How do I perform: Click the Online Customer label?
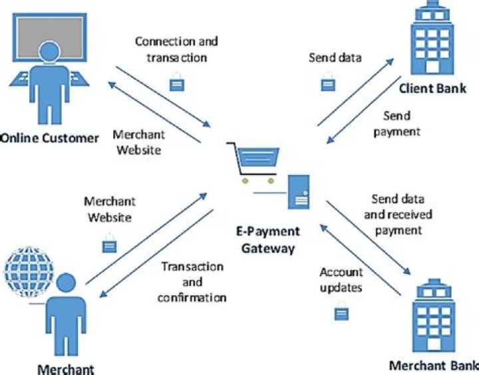50,138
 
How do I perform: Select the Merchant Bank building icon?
434,318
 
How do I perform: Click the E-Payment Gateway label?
268,240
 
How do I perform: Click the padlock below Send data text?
328,84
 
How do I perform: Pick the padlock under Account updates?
341,312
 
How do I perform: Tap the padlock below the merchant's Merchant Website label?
109,244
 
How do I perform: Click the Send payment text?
397,124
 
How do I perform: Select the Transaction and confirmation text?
192,282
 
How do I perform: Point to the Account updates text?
341,280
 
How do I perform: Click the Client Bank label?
432,88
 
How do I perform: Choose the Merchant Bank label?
433,366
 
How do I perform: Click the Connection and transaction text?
176,49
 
